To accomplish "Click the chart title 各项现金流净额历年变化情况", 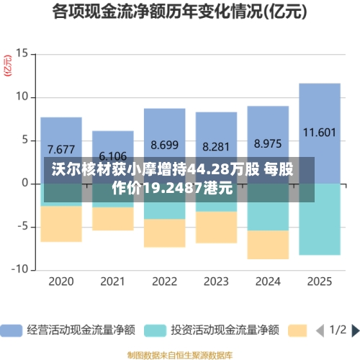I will [x=179, y=12].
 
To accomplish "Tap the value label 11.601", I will [x=319, y=132].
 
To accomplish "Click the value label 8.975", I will [x=268, y=143].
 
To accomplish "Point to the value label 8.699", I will [x=164, y=145].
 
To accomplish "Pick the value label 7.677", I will [x=61, y=150].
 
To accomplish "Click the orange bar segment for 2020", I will [x=61, y=224].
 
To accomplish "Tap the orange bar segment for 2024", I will [x=268, y=245].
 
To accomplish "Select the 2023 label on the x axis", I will [x=216, y=281].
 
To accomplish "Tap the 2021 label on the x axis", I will [x=113, y=281].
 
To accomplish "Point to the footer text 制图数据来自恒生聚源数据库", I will [x=179, y=355].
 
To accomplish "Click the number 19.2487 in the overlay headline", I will [x=171, y=189].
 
